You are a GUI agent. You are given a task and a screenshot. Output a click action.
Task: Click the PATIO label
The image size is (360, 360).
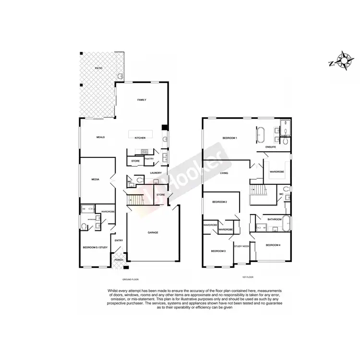[98, 69]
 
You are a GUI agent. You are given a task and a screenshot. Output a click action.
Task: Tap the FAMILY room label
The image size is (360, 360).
[142, 100]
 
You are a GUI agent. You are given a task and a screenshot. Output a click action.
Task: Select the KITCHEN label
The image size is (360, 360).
[140, 138]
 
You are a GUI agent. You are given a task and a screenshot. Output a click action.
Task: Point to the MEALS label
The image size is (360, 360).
[100, 137]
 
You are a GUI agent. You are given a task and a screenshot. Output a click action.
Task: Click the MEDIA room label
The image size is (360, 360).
[95, 180]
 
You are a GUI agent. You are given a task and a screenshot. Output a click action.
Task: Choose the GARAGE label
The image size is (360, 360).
[153, 233]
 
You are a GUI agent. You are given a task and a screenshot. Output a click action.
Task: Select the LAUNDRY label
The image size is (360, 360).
[155, 173]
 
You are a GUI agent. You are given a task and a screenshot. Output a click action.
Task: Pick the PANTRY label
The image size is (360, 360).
[149, 158]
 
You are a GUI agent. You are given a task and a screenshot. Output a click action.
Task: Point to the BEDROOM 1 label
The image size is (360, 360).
[230, 138]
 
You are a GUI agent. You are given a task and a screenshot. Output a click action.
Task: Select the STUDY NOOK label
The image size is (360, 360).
[241, 246]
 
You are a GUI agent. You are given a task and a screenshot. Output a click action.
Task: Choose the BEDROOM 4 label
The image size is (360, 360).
[273, 245]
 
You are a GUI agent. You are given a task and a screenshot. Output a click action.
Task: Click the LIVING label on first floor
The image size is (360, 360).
[224, 173]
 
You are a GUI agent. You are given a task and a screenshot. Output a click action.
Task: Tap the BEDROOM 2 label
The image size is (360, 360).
[219, 202]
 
